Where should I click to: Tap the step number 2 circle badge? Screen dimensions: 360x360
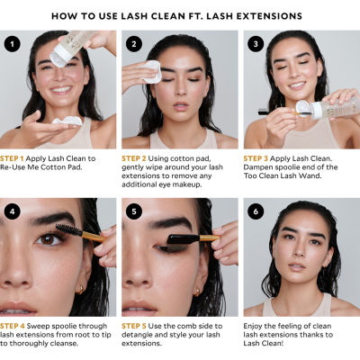click(x=133, y=43)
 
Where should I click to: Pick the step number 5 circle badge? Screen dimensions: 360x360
click(x=133, y=211)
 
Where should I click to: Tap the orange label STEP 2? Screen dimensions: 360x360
click(x=137, y=157)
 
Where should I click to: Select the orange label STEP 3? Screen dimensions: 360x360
click(x=256, y=157)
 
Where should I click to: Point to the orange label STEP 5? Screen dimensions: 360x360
click(x=137, y=326)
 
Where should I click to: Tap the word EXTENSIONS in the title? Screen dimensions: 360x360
click(x=268, y=16)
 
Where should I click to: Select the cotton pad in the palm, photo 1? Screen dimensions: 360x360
click(x=66, y=121)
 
